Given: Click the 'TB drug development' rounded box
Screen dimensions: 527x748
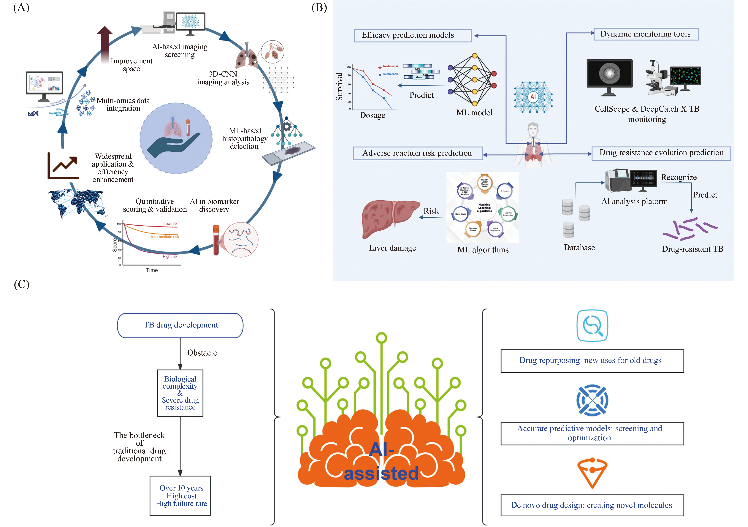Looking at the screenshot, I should pyautogui.click(x=180, y=325).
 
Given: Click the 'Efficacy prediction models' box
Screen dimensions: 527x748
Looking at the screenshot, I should pyautogui.click(x=412, y=35).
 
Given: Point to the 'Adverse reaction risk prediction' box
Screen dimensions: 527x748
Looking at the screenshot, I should pyautogui.click(x=418, y=153).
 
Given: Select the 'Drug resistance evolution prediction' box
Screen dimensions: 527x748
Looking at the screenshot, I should pyautogui.click(x=661, y=153).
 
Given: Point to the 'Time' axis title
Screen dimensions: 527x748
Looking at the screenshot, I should pyautogui.click(x=152, y=270).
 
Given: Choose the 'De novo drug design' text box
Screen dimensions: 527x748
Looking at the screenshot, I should pyautogui.click(x=592, y=505).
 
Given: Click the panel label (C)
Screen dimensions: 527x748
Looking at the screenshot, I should pyautogui.click(x=21, y=284).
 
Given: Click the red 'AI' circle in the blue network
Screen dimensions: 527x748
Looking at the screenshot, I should pyautogui.click(x=533, y=97).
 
